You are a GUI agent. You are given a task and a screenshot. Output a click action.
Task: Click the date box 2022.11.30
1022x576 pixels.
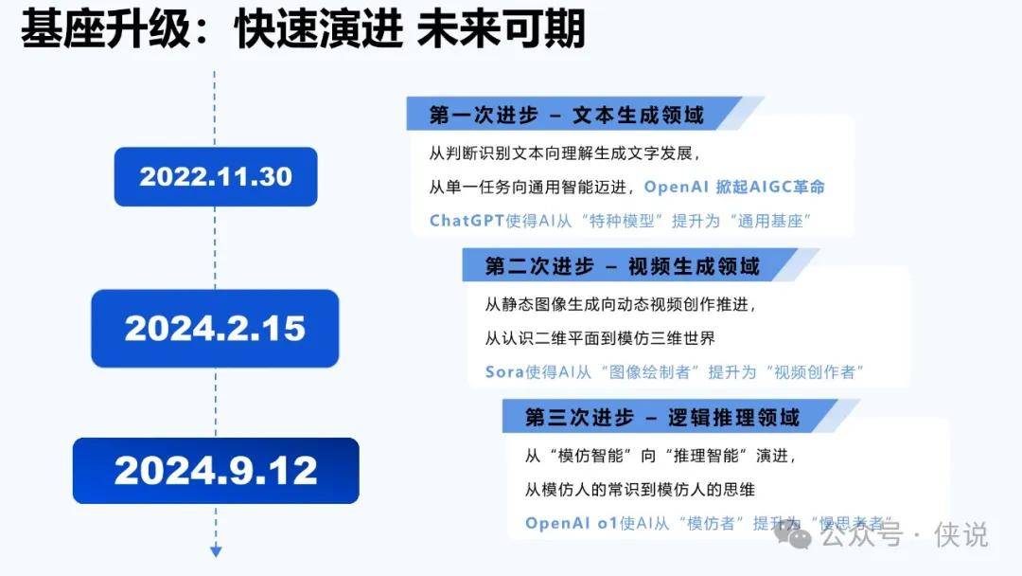pyautogui.click(x=216, y=177)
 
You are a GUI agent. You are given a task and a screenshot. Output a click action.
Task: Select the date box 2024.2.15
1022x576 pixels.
pyautogui.click(x=215, y=328)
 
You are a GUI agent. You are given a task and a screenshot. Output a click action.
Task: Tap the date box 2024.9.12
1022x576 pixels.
pyautogui.click(x=216, y=470)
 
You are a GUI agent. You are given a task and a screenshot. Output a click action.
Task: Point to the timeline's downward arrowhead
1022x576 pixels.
pyautogui.click(x=216, y=551)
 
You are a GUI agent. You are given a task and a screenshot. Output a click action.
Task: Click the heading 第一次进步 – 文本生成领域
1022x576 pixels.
pyautogui.click(x=566, y=116)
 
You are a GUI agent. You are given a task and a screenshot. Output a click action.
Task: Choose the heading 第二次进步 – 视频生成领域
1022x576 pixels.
pyautogui.click(x=622, y=266)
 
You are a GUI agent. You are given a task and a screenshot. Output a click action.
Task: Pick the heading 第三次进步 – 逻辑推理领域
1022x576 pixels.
pyautogui.click(x=662, y=418)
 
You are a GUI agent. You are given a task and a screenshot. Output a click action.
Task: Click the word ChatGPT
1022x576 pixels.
pyautogui.click(x=467, y=221)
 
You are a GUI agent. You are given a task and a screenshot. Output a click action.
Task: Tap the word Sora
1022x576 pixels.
pyautogui.click(x=504, y=371)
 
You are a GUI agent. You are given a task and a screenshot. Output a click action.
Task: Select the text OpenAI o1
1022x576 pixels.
pyautogui.click(x=572, y=523)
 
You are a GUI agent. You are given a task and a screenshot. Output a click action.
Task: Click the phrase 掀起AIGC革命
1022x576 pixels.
pyautogui.click(x=770, y=187)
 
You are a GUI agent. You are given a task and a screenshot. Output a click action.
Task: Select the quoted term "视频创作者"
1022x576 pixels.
pyautogui.click(x=815, y=371)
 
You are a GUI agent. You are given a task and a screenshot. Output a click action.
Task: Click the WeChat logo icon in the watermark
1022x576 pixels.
pyautogui.click(x=793, y=536)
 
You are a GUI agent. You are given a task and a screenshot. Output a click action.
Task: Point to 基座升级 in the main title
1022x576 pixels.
pyautogui.click(x=106, y=29)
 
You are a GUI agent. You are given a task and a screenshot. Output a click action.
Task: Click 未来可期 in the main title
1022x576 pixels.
pyautogui.click(x=501, y=29)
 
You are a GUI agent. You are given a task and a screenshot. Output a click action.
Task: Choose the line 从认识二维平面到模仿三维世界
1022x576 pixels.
pyautogui.click(x=600, y=338)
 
